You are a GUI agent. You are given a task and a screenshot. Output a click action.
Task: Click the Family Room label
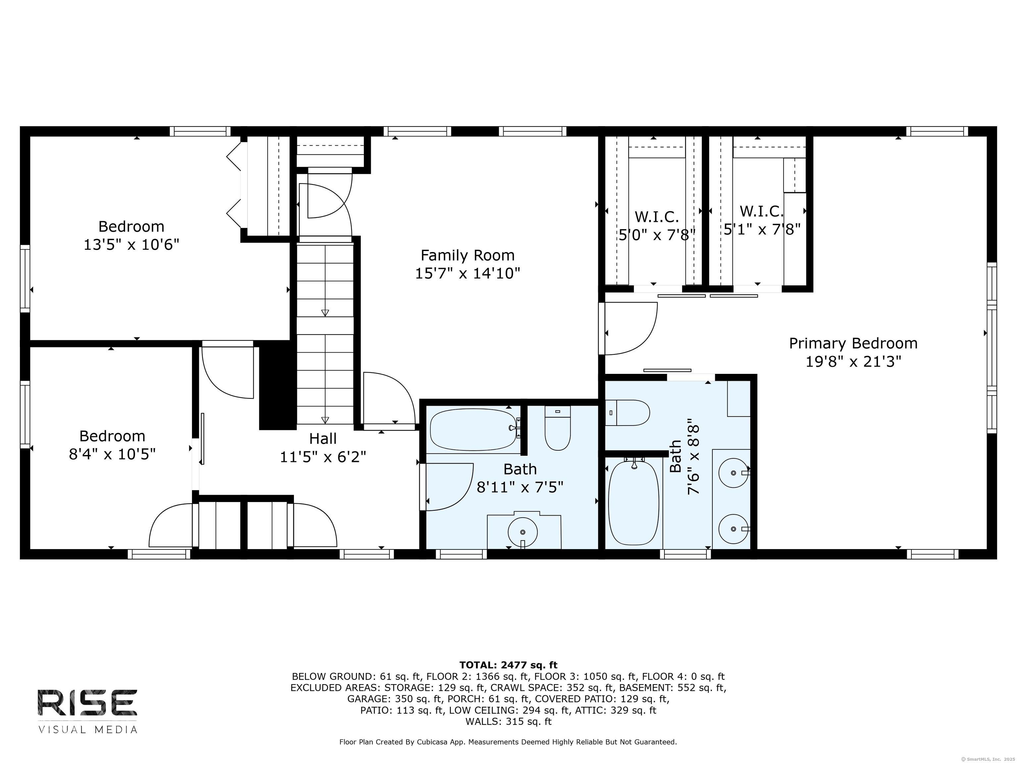[467, 255]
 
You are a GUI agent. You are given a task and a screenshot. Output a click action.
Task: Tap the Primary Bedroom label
[853, 343]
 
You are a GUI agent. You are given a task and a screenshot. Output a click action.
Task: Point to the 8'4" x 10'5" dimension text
[112, 454]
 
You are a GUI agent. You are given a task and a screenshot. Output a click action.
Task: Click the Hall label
[323, 439]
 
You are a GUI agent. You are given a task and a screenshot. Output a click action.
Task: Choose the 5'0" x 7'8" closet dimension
[656, 235]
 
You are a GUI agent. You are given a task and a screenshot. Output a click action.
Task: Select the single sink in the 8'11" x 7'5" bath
[523, 532]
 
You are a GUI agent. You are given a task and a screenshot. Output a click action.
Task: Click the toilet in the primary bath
[627, 413]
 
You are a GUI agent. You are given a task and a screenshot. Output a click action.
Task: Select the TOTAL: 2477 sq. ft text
[508, 665]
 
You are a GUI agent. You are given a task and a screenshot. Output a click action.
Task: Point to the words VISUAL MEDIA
[88, 730]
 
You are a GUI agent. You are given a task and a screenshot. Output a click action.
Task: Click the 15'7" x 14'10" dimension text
[467, 274]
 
